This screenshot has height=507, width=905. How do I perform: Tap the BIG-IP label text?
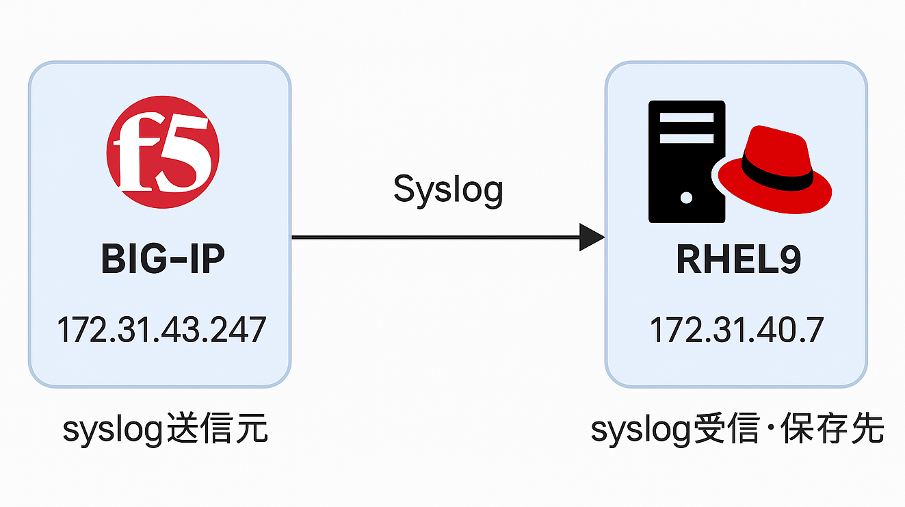[163, 260]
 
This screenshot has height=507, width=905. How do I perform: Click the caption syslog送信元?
[165, 431]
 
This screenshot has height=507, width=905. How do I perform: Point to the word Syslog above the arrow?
[448, 190]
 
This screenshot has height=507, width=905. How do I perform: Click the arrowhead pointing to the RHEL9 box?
[591, 237]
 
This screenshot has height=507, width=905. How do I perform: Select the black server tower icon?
[686, 161]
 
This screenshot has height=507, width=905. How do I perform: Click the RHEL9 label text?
[738, 260]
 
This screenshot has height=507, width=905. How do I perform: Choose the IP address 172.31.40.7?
[736, 330]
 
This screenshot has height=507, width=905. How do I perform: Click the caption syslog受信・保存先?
[737, 431]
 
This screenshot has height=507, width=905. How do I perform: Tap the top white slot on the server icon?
[686, 117]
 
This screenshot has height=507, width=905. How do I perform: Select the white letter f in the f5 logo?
[134, 154]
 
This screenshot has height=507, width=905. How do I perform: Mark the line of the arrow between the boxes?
[438, 237]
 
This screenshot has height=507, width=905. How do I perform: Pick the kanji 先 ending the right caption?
[867, 431]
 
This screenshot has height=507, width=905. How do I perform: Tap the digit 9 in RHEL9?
[789, 260]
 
